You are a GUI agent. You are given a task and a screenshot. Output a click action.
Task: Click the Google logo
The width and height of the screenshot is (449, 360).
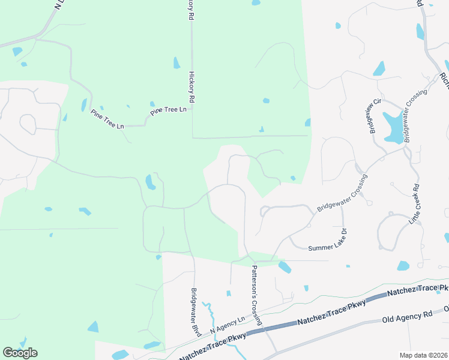20,352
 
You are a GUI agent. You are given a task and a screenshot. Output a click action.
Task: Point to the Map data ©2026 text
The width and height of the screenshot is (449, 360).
424,355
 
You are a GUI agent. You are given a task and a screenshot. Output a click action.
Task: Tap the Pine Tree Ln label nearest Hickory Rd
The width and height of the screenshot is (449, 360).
169,110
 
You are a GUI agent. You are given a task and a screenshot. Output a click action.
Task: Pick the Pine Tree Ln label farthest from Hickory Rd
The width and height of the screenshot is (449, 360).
107,118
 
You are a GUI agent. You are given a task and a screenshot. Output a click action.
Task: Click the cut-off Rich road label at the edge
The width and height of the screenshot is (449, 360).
444,79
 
